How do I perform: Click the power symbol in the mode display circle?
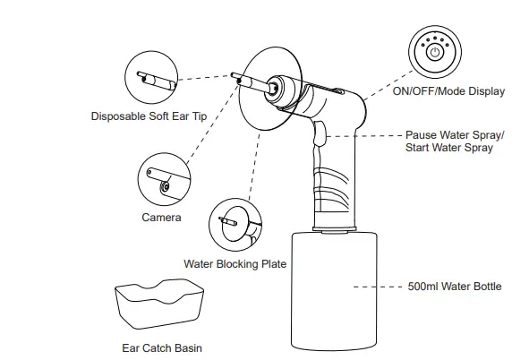435,52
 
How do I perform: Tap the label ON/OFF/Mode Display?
448,91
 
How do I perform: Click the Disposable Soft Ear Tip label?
149,116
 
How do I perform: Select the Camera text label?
161,218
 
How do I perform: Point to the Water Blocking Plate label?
235,264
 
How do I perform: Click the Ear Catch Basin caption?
162,347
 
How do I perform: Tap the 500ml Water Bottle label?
455,287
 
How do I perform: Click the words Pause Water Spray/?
455,135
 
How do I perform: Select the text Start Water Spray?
449,148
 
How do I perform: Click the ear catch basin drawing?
159,304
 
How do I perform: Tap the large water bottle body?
334,291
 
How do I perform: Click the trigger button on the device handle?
320,133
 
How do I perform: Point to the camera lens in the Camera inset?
165,186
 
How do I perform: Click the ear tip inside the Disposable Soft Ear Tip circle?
157,81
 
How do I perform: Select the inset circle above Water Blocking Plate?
235,225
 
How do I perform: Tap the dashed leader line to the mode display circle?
388,85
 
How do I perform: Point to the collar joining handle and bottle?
335,228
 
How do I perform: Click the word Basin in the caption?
188,347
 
